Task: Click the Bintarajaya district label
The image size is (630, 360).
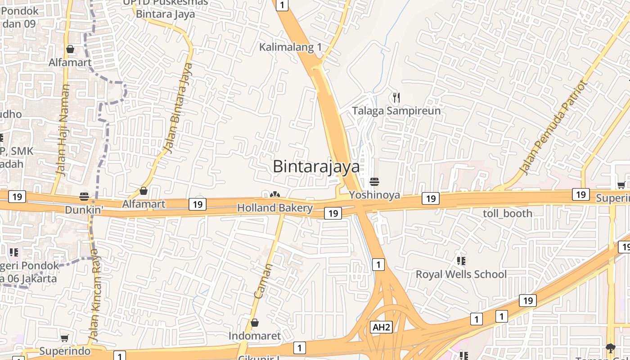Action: coord(316,166)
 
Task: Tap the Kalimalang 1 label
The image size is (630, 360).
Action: coord(291,47)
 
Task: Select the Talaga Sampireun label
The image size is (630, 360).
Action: coord(396,110)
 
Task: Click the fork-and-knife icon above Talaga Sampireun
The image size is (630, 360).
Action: coord(396,97)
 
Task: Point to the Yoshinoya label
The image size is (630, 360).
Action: coord(374,195)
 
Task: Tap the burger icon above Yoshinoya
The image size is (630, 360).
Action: coord(374,182)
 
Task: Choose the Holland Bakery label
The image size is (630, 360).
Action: coord(274,208)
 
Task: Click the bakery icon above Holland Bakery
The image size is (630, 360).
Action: coord(274,195)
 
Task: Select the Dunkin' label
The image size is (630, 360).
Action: coord(84,210)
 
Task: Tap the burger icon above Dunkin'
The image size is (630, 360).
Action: coord(84,197)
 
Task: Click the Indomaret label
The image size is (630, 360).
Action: coord(254,336)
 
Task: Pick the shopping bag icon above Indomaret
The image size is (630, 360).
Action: coord(254,323)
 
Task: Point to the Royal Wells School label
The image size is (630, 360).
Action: coord(461,274)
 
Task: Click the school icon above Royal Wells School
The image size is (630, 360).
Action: coord(461,261)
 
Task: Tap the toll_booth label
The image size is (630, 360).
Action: coord(507,213)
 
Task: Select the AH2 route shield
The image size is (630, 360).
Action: coord(381,327)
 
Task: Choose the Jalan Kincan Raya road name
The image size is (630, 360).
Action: coord(95,295)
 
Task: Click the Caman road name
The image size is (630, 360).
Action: coord(264,281)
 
